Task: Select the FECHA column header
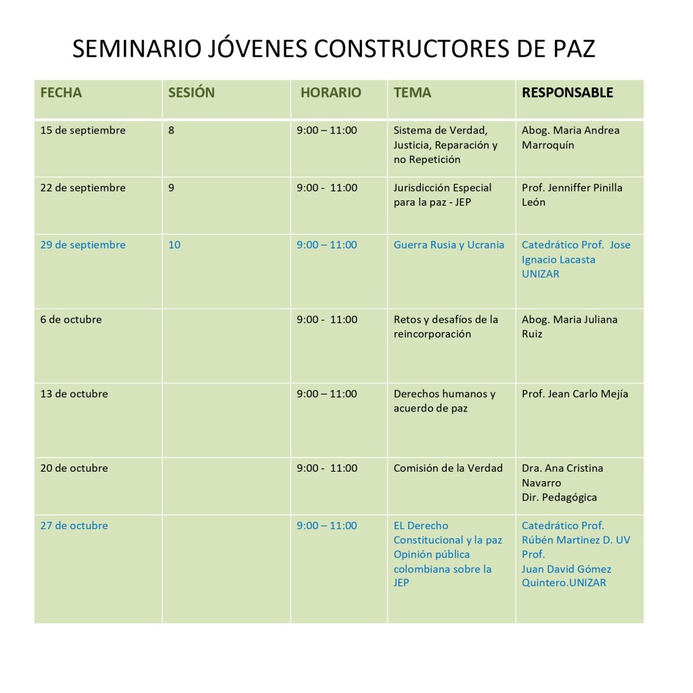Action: (61, 93)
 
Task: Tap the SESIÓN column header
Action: (191, 93)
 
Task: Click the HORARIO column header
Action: (331, 93)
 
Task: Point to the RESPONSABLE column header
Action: (567, 93)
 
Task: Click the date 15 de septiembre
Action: (83, 131)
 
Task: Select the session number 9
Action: (171, 188)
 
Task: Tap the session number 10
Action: (174, 245)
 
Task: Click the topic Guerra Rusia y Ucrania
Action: (449, 245)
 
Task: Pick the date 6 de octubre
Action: (71, 319)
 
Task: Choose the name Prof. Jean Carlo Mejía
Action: (575, 394)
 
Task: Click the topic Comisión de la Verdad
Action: (448, 468)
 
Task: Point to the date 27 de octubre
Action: (74, 526)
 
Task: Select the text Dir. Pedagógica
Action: (559, 497)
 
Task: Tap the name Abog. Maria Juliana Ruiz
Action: (569, 326)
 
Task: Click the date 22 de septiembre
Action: (83, 188)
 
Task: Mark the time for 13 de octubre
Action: (326, 394)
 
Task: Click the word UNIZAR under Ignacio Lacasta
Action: (540, 274)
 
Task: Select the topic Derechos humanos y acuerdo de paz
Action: (444, 401)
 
